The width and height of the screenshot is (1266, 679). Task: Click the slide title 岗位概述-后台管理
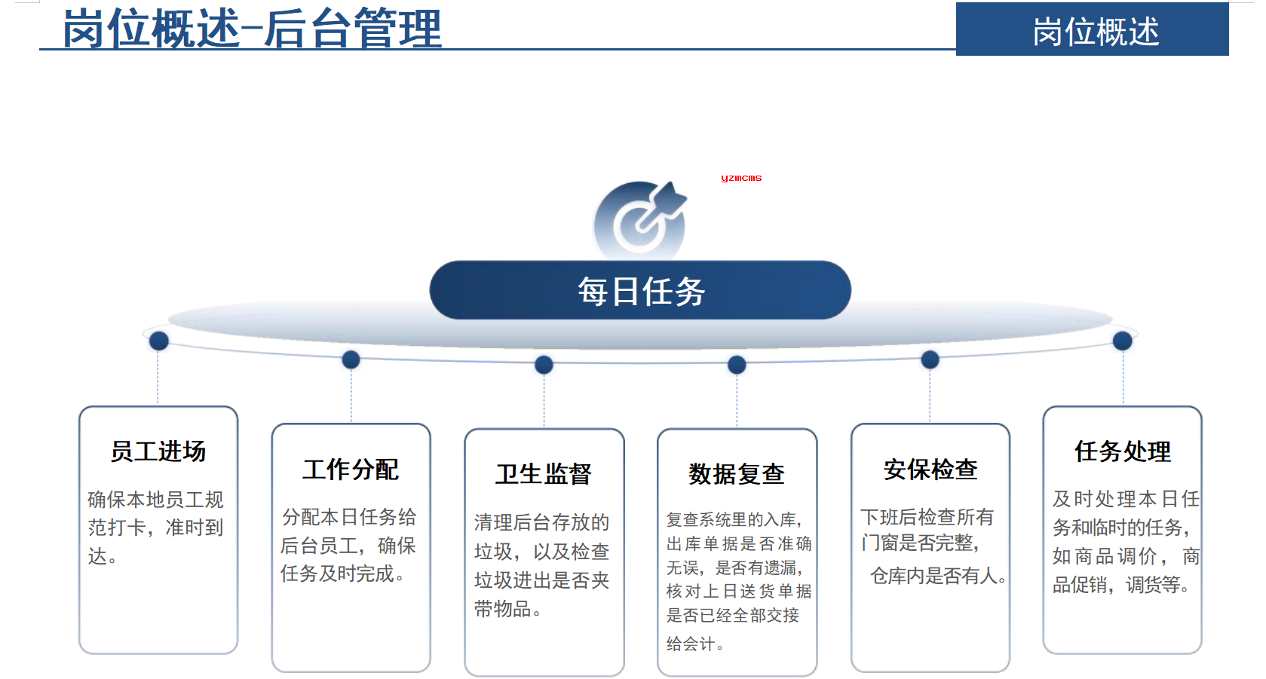tap(252, 28)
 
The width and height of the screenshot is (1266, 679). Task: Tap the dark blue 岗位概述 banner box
tap(1092, 29)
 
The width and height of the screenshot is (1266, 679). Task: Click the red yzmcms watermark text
tap(741, 179)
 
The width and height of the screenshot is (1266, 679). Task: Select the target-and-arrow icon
tap(641, 218)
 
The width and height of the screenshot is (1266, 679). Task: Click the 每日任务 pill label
tap(640, 290)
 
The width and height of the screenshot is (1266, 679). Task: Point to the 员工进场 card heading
tap(158, 451)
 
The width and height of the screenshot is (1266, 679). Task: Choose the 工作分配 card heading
tap(351, 469)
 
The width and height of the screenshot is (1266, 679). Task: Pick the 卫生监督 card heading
tap(544, 474)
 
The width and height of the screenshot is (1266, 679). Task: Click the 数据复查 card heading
tap(737, 474)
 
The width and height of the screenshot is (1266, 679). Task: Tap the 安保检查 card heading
tap(931, 469)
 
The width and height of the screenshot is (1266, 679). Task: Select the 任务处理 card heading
tap(1123, 451)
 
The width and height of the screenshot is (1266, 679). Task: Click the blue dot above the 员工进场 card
tap(159, 341)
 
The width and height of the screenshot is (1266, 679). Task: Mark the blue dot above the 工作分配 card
tap(351, 359)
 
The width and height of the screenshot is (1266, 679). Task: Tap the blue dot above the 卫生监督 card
tap(544, 364)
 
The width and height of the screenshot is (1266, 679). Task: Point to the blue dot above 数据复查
tap(737, 364)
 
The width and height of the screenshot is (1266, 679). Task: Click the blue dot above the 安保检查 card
tap(930, 359)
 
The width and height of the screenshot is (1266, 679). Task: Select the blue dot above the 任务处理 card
tap(1123, 341)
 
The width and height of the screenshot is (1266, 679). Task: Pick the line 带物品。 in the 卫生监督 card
tap(507, 609)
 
